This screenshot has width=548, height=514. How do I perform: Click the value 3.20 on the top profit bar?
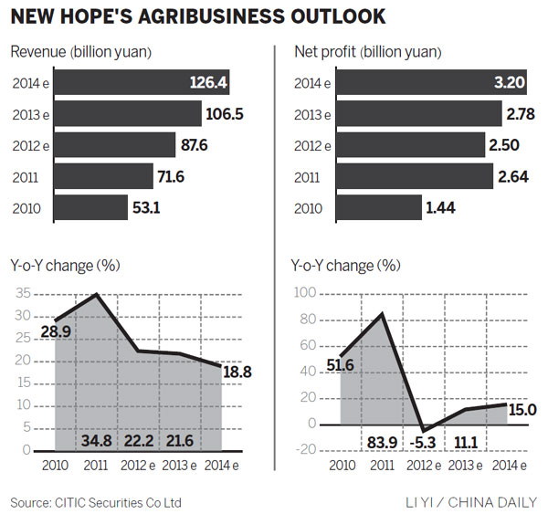coord(515,82)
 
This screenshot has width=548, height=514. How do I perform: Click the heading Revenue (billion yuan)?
coord(81,51)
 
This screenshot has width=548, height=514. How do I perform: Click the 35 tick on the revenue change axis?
coord(21,294)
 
